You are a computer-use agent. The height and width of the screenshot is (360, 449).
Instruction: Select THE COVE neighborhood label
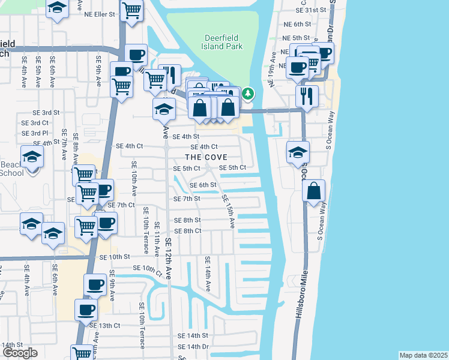tap(206, 157)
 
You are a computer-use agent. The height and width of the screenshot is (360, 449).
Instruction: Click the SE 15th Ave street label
tap(228, 211)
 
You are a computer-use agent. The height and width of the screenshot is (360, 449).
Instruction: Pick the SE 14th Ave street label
tap(208, 273)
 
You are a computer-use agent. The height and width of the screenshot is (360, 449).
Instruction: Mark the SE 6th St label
tap(203, 185)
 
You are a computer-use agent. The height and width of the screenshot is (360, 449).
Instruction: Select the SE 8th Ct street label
tap(187, 231)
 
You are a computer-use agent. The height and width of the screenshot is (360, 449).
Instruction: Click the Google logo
tap(20, 353)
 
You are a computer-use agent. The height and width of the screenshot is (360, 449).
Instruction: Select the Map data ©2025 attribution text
tap(423, 355)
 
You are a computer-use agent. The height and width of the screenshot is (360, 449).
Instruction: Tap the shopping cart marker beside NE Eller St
tap(131, 11)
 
